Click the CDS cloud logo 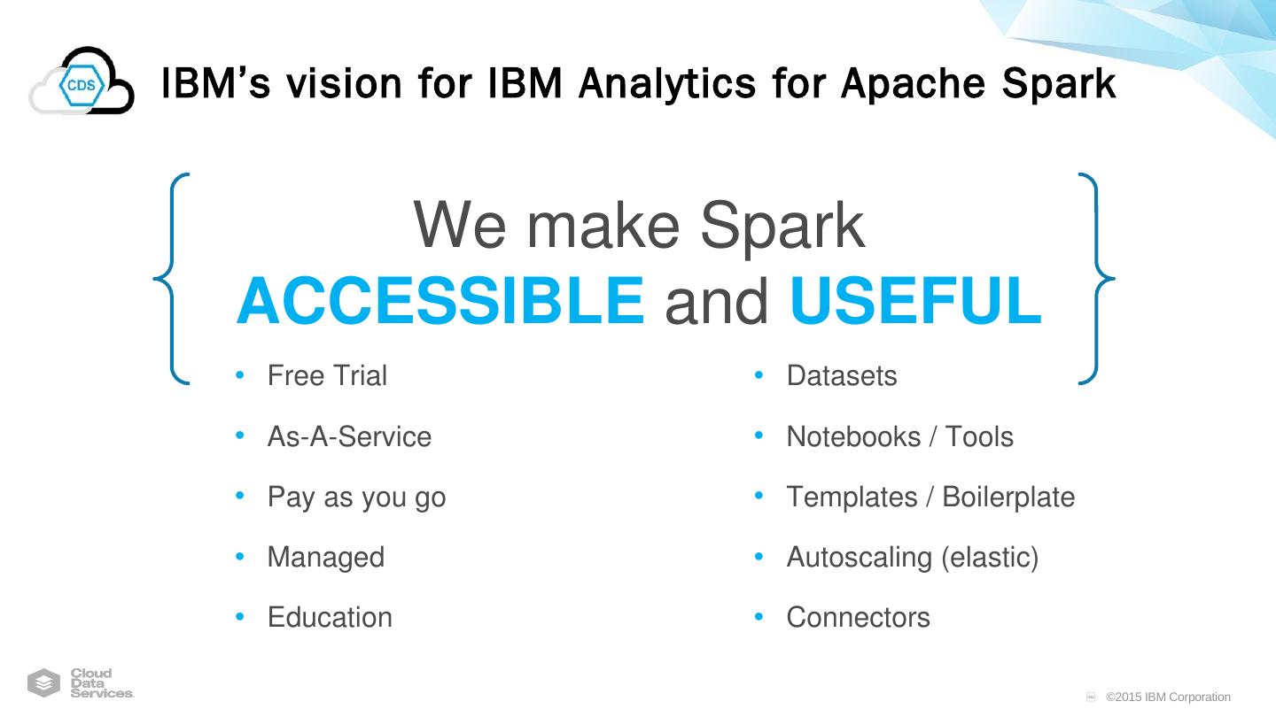82,82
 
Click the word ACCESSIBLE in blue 440,301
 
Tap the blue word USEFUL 914,301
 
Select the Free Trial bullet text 327,376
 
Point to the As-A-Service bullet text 349,436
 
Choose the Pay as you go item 356,497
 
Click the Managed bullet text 325,558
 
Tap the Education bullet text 330,618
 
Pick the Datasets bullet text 841,376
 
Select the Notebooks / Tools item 899,436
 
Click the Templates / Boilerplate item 930,497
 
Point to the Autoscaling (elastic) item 912,558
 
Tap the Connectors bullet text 858,618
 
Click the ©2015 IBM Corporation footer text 1168,698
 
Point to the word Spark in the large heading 782,227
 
